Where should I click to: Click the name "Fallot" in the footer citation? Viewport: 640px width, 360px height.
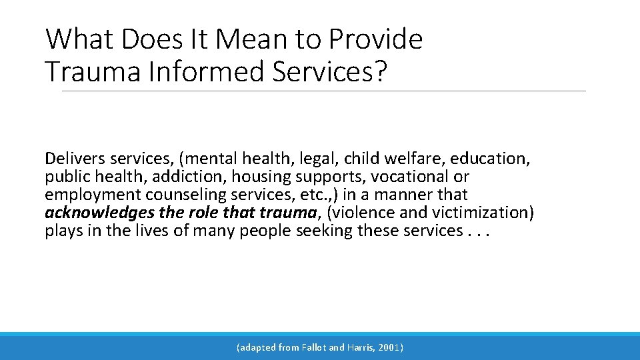313,347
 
